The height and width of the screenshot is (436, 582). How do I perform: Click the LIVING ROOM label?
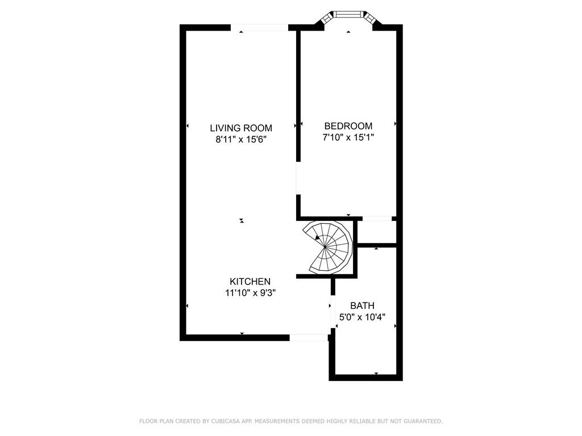241,128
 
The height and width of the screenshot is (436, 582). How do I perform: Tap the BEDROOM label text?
348,125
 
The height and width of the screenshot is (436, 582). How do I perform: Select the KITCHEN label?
250,282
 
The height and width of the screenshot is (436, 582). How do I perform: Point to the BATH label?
362,305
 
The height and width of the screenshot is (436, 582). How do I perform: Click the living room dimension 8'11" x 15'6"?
241,140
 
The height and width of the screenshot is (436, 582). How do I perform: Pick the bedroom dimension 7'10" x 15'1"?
348,137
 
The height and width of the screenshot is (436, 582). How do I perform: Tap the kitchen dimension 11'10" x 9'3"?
250,293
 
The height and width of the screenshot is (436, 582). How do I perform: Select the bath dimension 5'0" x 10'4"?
362,317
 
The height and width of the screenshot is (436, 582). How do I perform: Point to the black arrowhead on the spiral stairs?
317,238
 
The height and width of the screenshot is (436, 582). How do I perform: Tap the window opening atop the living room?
259,27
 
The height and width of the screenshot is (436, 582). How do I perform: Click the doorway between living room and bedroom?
298,178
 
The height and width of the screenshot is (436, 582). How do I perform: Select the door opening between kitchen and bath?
333,312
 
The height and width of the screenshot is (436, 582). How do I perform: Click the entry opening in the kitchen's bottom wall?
309,337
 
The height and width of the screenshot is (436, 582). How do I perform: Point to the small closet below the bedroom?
376,232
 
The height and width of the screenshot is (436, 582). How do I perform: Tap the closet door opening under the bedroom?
377,219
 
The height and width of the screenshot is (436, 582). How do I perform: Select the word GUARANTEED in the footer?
423,421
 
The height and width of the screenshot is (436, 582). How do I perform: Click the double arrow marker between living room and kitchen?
242,221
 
